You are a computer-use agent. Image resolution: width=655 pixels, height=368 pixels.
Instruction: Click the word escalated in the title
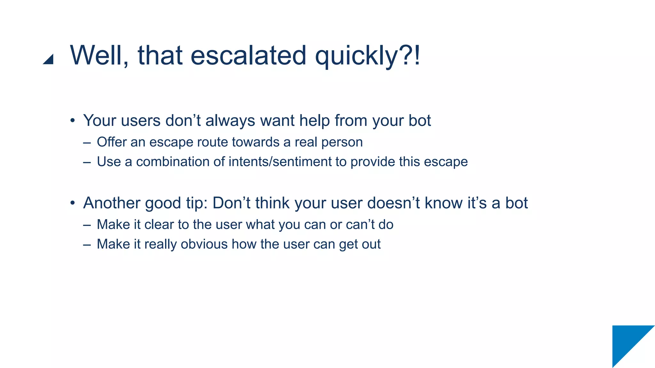pos(248,55)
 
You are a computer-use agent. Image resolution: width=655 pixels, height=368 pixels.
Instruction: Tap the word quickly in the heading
pos(356,56)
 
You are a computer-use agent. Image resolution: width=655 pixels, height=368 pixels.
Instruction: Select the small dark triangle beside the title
pos(49,60)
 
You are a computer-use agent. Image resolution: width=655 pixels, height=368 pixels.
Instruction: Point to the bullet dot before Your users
pos(73,121)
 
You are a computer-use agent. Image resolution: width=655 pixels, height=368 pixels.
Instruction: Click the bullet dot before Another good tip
pos(73,203)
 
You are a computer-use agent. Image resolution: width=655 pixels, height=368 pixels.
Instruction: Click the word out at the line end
pos(371,244)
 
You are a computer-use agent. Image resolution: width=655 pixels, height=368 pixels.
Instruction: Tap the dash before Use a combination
pos(87,162)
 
